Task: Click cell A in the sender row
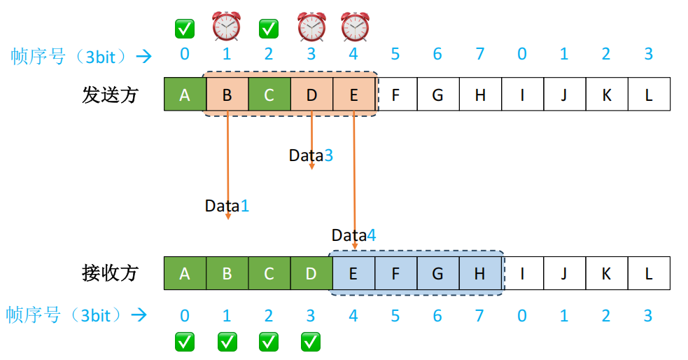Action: pos(185,95)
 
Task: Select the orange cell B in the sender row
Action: pos(227,95)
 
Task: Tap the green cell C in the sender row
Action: pos(269,95)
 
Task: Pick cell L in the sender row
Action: pos(649,95)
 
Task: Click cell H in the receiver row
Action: pos(480,273)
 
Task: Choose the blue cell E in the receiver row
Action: pos(353,273)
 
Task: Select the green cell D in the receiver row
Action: pos(311,273)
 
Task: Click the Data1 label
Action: pos(227,206)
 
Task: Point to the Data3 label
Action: pos(311,155)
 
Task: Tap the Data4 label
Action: pos(353,235)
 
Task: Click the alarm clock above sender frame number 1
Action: pos(226,26)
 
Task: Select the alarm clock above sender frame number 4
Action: pos(355,26)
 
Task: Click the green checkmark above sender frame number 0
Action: pos(185,29)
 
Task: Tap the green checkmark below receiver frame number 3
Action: pos(311,341)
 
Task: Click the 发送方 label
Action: pos(111,95)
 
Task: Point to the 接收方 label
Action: pos(111,273)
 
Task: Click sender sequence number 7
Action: pos(480,55)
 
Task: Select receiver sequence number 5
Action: pos(395,316)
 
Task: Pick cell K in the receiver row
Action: pos(607,273)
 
